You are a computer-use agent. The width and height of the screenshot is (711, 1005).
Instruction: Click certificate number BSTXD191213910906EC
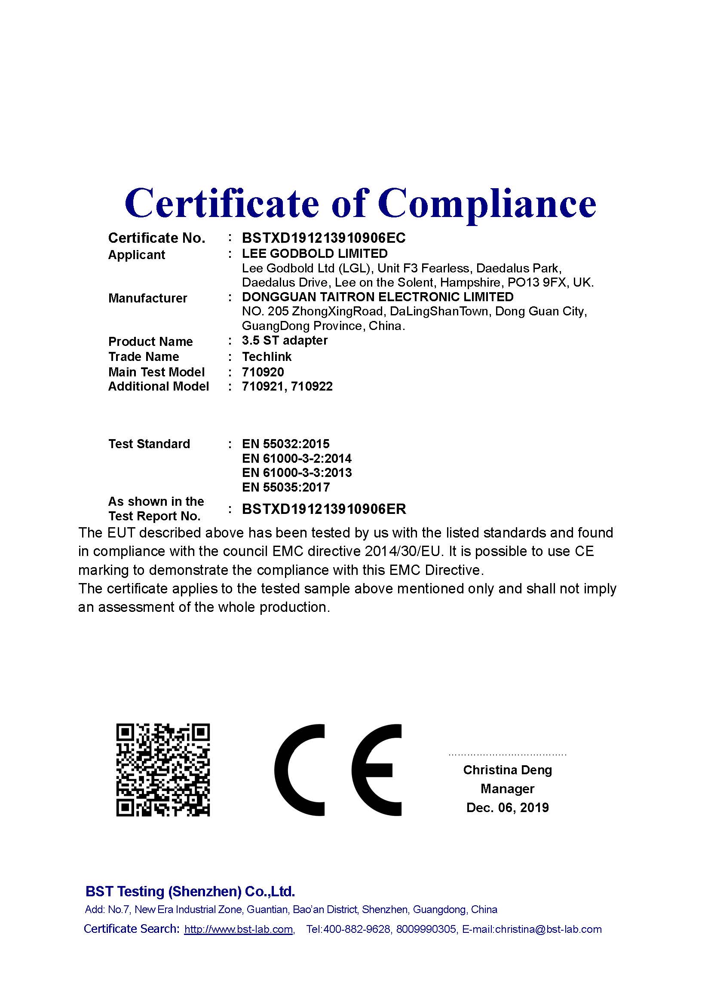pyautogui.click(x=324, y=238)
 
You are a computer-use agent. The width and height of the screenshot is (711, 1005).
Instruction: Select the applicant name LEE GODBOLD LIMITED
pyautogui.click(x=315, y=254)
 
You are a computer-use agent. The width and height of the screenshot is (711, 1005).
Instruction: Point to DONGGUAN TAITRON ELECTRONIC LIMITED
pyautogui.click(x=377, y=297)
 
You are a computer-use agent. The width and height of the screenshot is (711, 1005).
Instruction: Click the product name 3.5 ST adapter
pyautogui.click(x=285, y=340)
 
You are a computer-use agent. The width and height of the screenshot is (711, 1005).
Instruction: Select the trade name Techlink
pyautogui.click(x=267, y=356)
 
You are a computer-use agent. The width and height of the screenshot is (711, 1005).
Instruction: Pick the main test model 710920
pyautogui.click(x=263, y=372)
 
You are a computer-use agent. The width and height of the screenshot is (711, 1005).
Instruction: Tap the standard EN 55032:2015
pyautogui.click(x=285, y=444)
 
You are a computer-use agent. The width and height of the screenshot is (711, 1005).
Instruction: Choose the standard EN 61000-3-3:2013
pyautogui.click(x=297, y=473)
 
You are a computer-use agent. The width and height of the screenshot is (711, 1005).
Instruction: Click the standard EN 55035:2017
pyautogui.click(x=285, y=487)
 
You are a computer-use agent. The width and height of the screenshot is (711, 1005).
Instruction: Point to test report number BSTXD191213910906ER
pyautogui.click(x=324, y=509)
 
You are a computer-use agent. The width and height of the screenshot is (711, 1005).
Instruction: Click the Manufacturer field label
pyautogui.click(x=147, y=298)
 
